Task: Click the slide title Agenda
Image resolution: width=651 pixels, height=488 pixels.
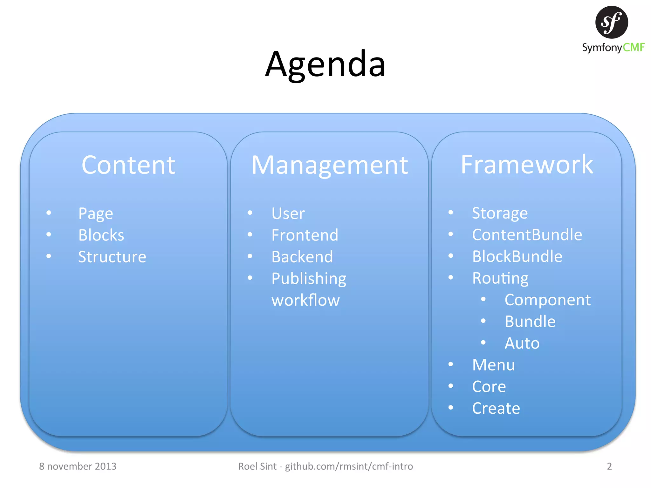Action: pyautogui.click(x=325, y=64)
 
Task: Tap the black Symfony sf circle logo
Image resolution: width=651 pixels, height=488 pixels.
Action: pyautogui.click(x=611, y=22)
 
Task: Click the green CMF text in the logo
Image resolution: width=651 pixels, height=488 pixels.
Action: pyautogui.click(x=633, y=48)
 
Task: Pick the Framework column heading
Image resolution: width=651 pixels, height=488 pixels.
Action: pyautogui.click(x=527, y=165)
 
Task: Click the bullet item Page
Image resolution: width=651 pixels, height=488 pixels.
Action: pyautogui.click(x=95, y=213)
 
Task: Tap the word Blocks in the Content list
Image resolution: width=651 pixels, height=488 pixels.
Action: pyautogui.click(x=101, y=235)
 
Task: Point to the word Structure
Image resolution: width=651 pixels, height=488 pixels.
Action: pyautogui.click(x=112, y=257)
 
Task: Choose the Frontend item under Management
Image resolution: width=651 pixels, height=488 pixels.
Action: pyautogui.click(x=305, y=235)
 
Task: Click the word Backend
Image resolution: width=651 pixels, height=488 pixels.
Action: pyautogui.click(x=302, y=257)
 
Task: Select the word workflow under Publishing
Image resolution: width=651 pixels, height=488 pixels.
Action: pyautogui.click(x=305, y=300)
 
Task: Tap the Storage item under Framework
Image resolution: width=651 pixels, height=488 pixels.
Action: pyautogui.click(x=500, y=213)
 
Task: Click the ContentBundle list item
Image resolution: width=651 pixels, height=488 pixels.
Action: pyautogui.click(x=527, y=235)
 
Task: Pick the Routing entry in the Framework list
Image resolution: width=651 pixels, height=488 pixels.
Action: pyautogui.click(x=500, y=278)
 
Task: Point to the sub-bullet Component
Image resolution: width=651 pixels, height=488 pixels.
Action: pyautogui.click(x=547, y=300)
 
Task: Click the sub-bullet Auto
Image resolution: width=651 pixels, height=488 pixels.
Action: pyautogui.click(x=522, y=343)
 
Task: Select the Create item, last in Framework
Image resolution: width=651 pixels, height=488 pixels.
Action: pyautogui.click(x=496, y=408)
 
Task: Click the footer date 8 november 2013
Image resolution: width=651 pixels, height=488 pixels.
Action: pyautogui.click(x=78, y=466)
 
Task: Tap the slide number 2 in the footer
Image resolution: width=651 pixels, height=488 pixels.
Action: pyautogui.click(x=609, y=466)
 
